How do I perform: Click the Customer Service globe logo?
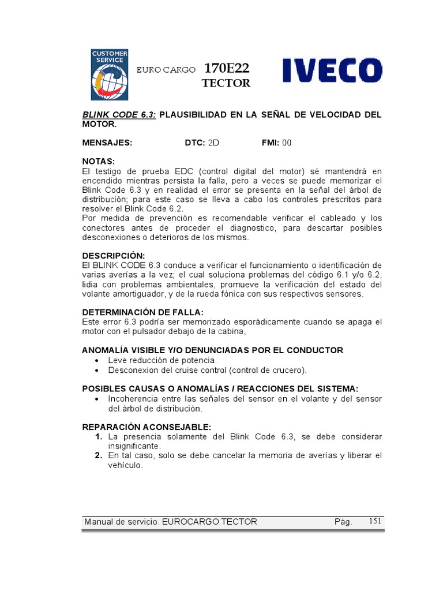(110, 74)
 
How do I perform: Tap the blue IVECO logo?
(332, 71)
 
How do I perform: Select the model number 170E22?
(227, 69)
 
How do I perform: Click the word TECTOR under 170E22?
(226, 84)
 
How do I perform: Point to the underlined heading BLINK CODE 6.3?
(118, 114)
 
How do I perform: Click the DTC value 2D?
(213, 143)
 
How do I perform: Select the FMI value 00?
(286, 143)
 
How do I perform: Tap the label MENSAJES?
(107, 143)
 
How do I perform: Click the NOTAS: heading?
(99, 161)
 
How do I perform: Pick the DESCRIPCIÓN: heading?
(114, 256)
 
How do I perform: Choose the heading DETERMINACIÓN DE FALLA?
(143, 312)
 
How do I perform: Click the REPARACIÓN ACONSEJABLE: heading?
(147, 427)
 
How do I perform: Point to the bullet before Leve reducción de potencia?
(96, 360)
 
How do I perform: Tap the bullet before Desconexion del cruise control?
(96, 370)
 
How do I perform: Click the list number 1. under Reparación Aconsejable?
(99, 436)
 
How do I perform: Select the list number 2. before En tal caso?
(99, 455)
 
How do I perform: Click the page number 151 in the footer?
(376, 521)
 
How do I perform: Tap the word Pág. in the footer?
(343, 522)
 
